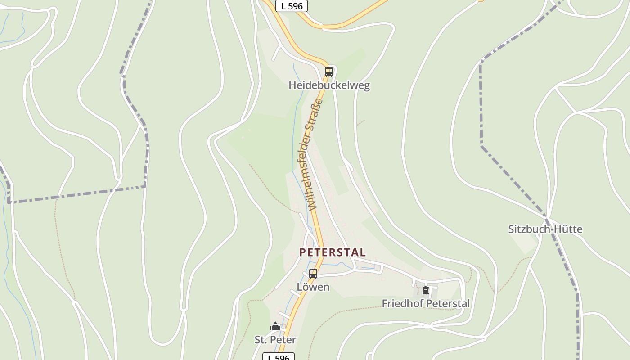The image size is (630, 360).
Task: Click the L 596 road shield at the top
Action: coord(292,6)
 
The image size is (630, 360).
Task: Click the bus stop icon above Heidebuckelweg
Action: coord(329,72)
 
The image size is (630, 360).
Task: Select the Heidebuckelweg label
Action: coord(329,85)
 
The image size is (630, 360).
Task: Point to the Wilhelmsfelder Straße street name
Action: coord(315,154)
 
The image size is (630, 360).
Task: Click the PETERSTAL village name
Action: coord(332,252)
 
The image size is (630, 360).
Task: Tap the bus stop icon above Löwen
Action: coord(313,273)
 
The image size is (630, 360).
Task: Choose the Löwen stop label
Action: coord(313,287)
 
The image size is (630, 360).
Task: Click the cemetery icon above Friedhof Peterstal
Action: coord(426,290)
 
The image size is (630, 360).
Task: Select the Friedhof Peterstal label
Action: coord(426,304)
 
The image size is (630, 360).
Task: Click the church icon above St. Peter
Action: coord(275,326)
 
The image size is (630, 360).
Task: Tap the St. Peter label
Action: coord(275,340)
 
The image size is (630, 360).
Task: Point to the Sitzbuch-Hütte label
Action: coord(545,229)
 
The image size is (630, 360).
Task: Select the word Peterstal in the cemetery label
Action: coord(447,304)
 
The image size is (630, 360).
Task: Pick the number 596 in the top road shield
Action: coord(296,6)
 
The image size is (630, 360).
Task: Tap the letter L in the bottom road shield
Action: coord(270,358)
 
